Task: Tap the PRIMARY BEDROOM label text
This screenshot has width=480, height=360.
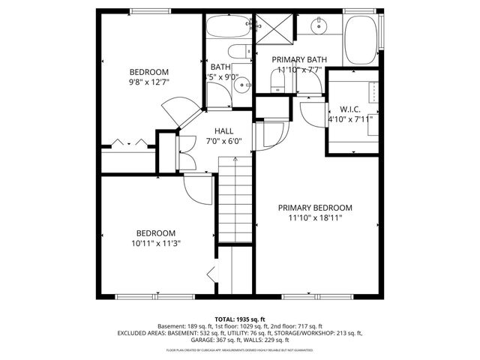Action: [x=315, y=208]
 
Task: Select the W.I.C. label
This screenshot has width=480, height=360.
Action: [x=350, y=109]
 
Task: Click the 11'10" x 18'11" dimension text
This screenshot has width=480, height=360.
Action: [x=315, y=218]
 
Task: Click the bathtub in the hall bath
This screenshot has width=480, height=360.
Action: [x=229, y=29]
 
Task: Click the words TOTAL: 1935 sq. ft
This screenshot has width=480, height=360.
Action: [x=240, y=319]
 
